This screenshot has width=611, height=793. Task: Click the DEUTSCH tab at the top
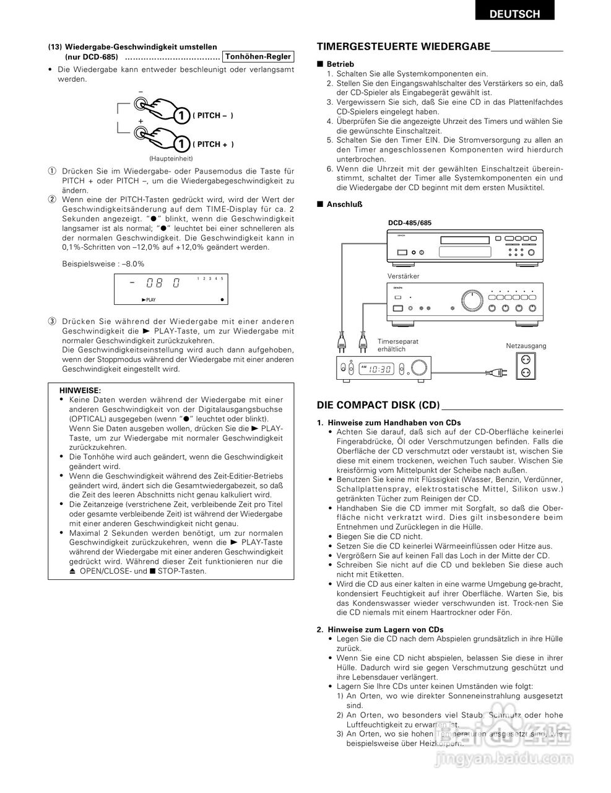tap(514, 13)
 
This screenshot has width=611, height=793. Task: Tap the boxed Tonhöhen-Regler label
tap(258, 56)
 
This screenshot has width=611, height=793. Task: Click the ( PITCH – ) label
tap(213, 116)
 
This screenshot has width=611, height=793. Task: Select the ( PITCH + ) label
tap(213, 144)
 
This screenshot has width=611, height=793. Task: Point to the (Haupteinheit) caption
tap(171, 159)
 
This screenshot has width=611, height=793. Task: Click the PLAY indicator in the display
tap(149, 300)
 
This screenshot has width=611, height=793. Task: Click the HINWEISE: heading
tap(80, 390)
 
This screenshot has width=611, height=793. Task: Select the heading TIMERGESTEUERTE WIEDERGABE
tap(404, 47)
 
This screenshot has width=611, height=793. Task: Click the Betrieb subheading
tap(340, 64)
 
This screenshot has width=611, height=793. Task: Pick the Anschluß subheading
tap(344, 204)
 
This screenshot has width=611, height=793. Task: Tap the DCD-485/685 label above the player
tap(410, 223)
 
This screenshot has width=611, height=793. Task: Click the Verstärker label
tap(403, 276)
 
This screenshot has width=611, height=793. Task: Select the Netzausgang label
tap(526, 345)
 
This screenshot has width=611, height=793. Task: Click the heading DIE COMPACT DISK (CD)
tap(378, 405)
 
